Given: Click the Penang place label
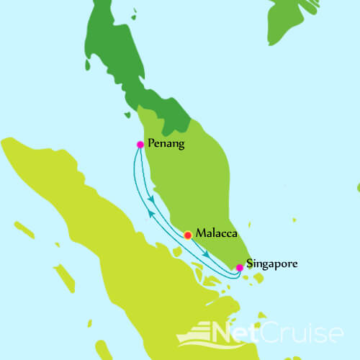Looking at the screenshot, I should coord(166,144).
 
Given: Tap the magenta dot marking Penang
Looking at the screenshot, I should coord(140,145).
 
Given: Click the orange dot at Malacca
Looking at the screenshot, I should coord(188,235).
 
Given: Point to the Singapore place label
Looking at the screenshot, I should coord(271,264).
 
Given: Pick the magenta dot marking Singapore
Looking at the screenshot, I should coord(239,267).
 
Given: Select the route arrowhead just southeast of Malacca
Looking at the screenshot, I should coord(207,254).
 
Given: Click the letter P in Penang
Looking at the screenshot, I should coord(150,144).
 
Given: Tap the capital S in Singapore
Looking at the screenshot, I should coord(250,264).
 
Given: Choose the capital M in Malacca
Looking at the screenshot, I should coord(200,233).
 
